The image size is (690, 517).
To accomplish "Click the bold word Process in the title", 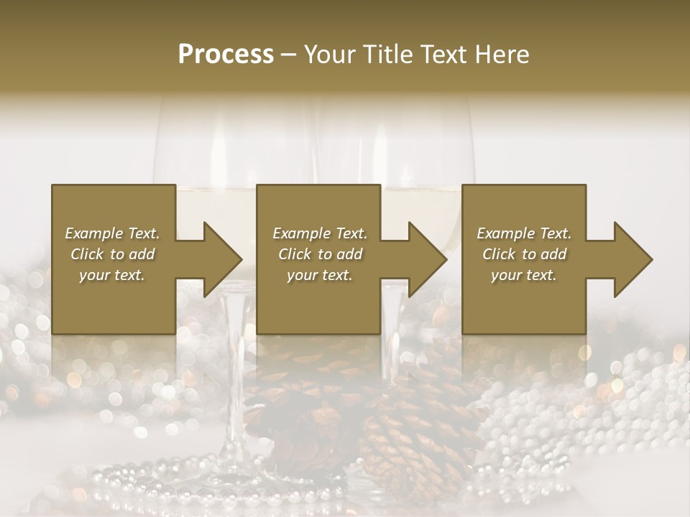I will point(226,55).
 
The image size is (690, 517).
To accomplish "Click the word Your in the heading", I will point(328,55).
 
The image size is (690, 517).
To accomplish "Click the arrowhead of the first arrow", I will point(222,259).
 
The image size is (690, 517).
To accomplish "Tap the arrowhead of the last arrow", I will point(632,259).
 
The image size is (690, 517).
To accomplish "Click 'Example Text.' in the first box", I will point(112,233).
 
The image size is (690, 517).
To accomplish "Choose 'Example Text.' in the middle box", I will point(320,233).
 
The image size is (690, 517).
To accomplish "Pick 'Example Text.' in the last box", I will point(524,233).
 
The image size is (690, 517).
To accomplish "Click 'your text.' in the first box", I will point(112,275).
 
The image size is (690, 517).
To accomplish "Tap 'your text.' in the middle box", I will point(320,275).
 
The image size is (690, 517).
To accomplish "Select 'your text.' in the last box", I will point(524,275).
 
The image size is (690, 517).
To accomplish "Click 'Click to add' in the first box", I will point(112,254).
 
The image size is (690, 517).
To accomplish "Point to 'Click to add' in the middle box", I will point(320,254).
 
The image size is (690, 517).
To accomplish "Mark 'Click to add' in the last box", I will point(524,254).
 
